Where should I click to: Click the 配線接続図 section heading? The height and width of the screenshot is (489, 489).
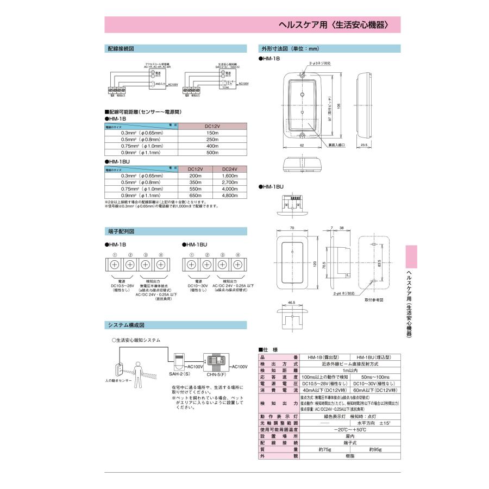click(x=120, y=48)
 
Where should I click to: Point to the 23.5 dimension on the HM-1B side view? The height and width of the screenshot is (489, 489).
click(x=363, y=146)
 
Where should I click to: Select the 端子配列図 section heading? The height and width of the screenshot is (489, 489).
click(x=120, y=231)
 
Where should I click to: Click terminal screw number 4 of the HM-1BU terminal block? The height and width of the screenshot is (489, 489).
click(x=237, y=265)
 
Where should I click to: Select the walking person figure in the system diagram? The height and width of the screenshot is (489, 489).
click(x=137, y=371)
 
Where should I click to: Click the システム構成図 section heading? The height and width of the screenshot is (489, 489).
click(x=126, y=325)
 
